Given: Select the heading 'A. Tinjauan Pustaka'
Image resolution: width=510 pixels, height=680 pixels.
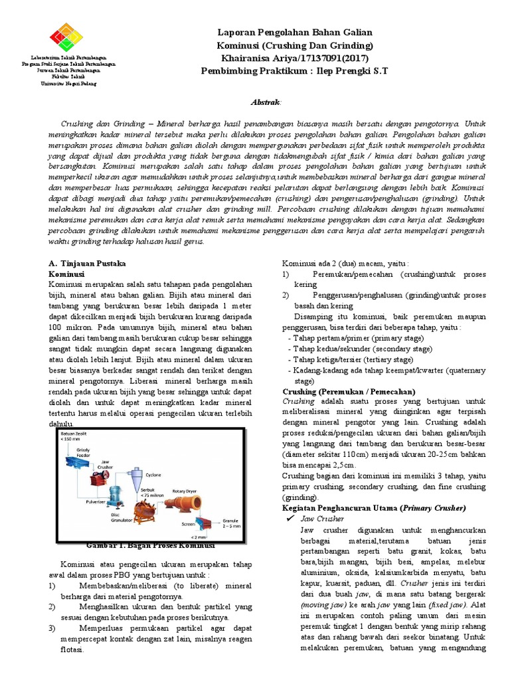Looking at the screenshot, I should tap(84, 263).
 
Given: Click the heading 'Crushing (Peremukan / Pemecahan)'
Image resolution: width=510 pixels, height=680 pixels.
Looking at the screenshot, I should tap(349, 391).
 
